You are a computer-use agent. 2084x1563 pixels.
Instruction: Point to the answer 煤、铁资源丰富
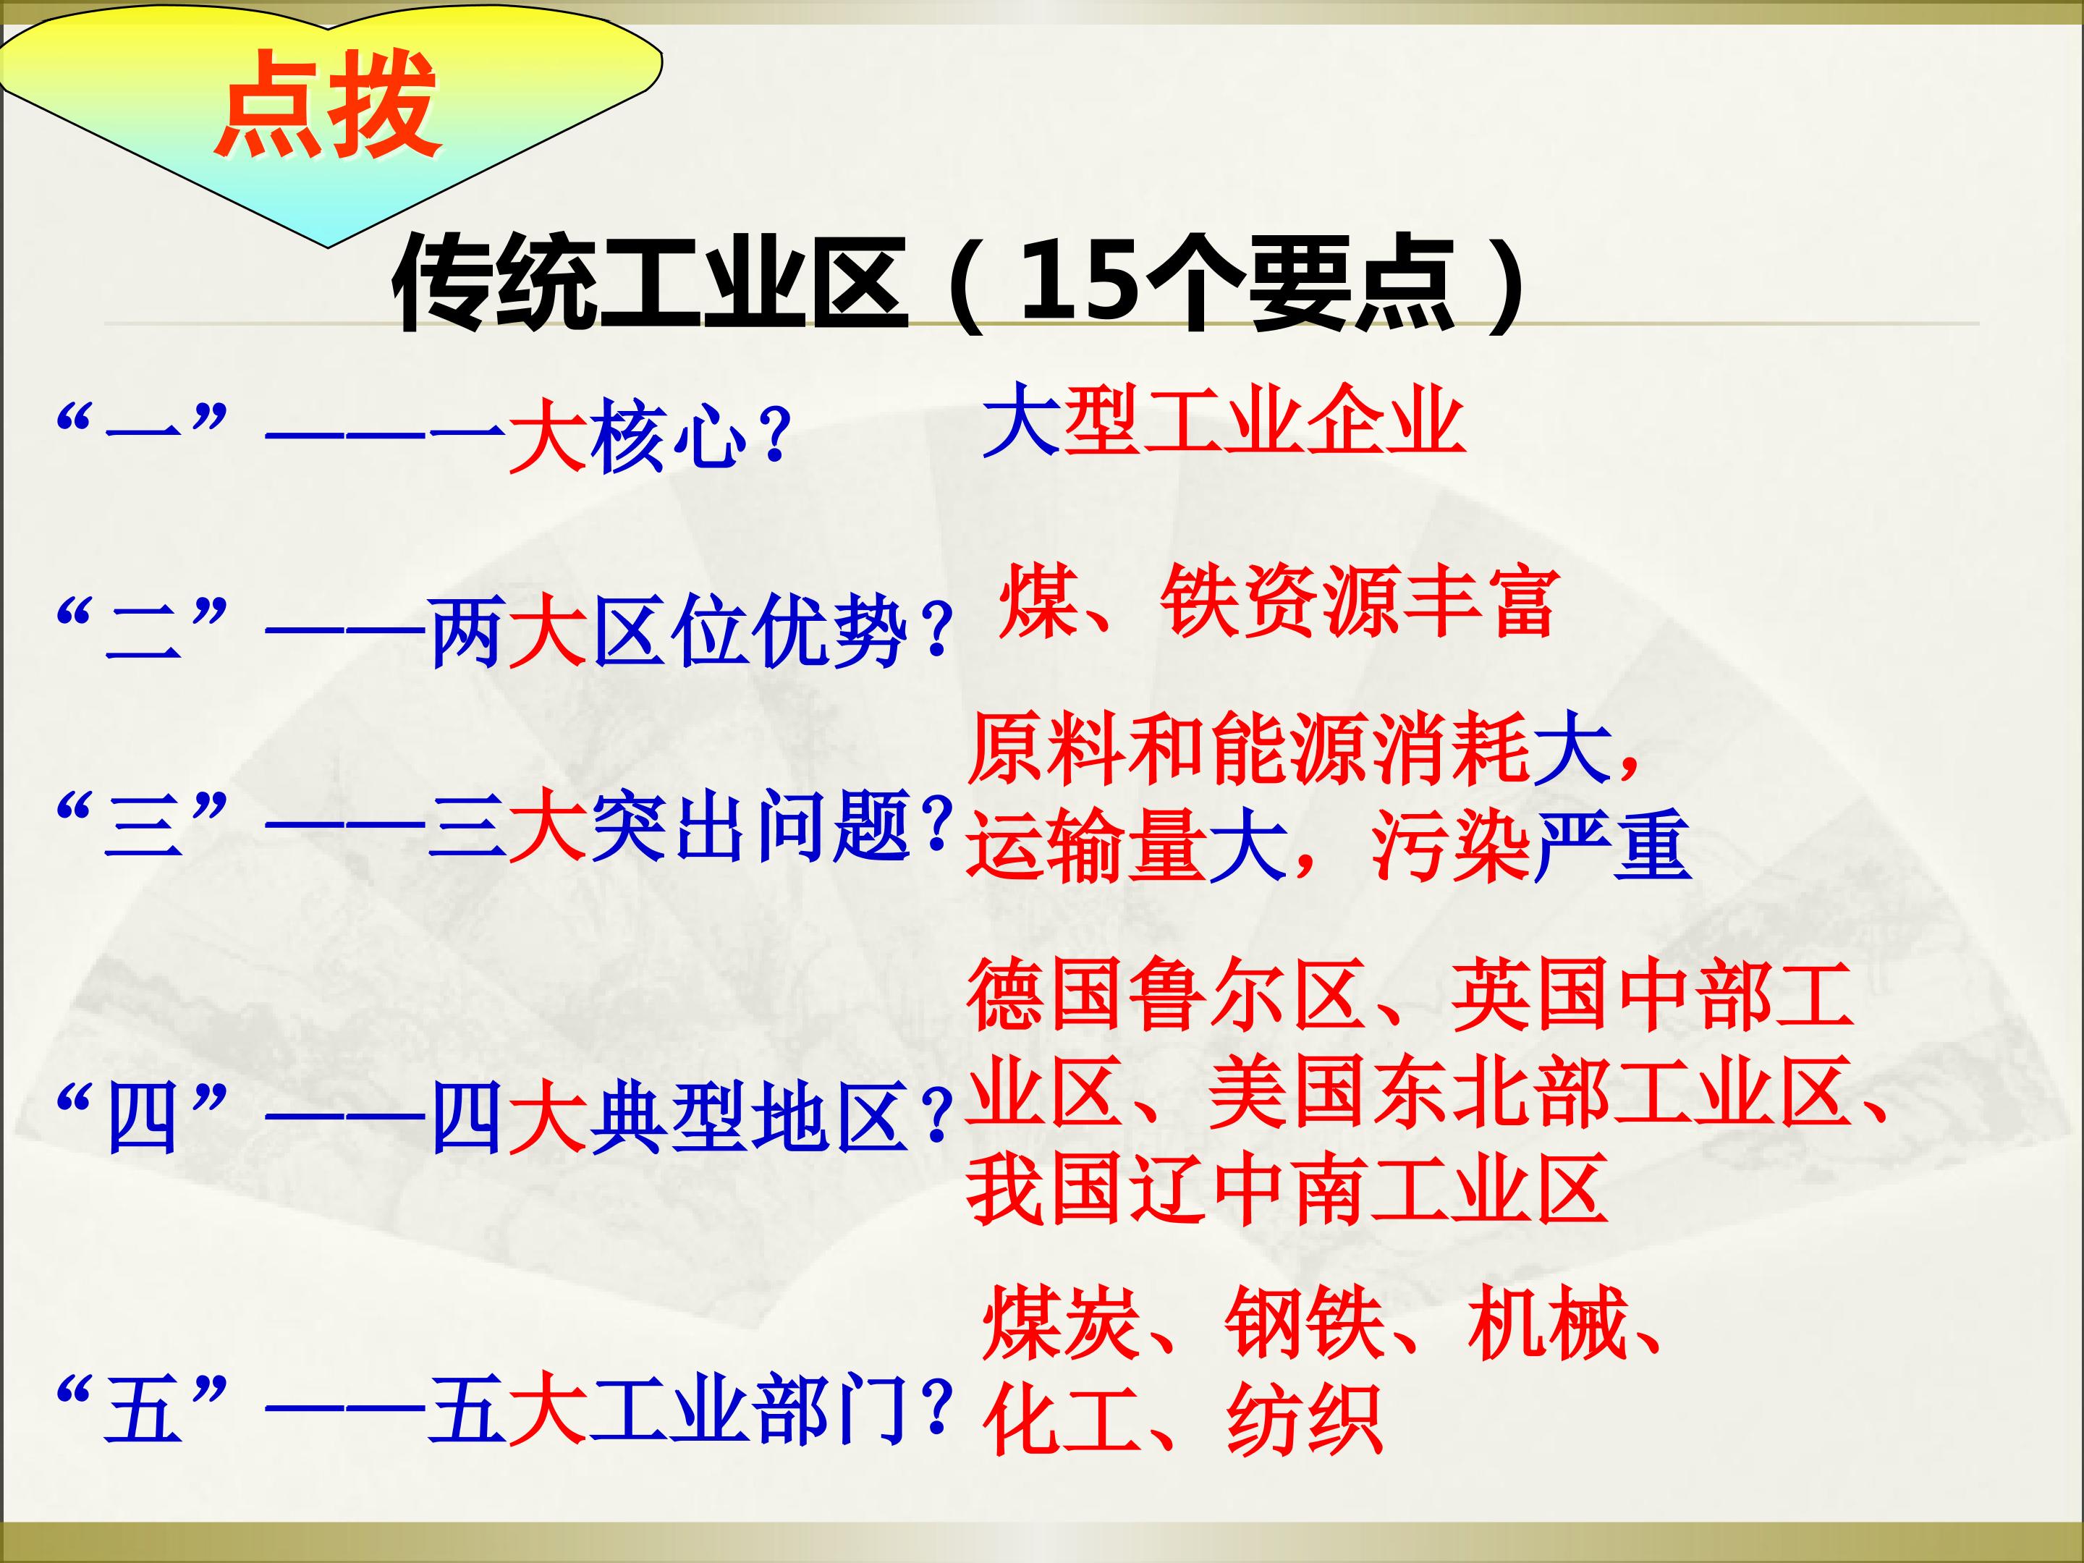click(1276, 602)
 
